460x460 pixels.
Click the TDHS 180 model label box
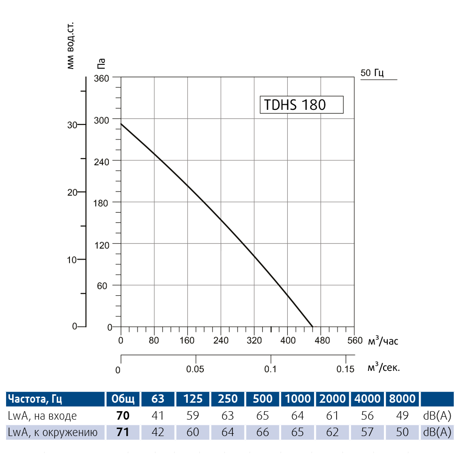301,104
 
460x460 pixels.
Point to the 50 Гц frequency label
372,73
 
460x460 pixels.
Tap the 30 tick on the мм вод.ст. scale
72,125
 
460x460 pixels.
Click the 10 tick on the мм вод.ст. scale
72,260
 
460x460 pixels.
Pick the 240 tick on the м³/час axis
221,341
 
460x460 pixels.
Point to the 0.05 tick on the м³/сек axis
195,369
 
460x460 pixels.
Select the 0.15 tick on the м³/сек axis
345,369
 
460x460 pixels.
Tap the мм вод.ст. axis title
70,45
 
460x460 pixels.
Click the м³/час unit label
383,340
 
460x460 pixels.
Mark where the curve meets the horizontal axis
313,326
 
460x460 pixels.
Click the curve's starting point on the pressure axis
121,124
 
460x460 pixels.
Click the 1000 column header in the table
298,399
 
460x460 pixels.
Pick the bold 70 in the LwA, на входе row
123,416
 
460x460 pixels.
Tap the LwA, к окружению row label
53,432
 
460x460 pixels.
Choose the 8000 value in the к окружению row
402,432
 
